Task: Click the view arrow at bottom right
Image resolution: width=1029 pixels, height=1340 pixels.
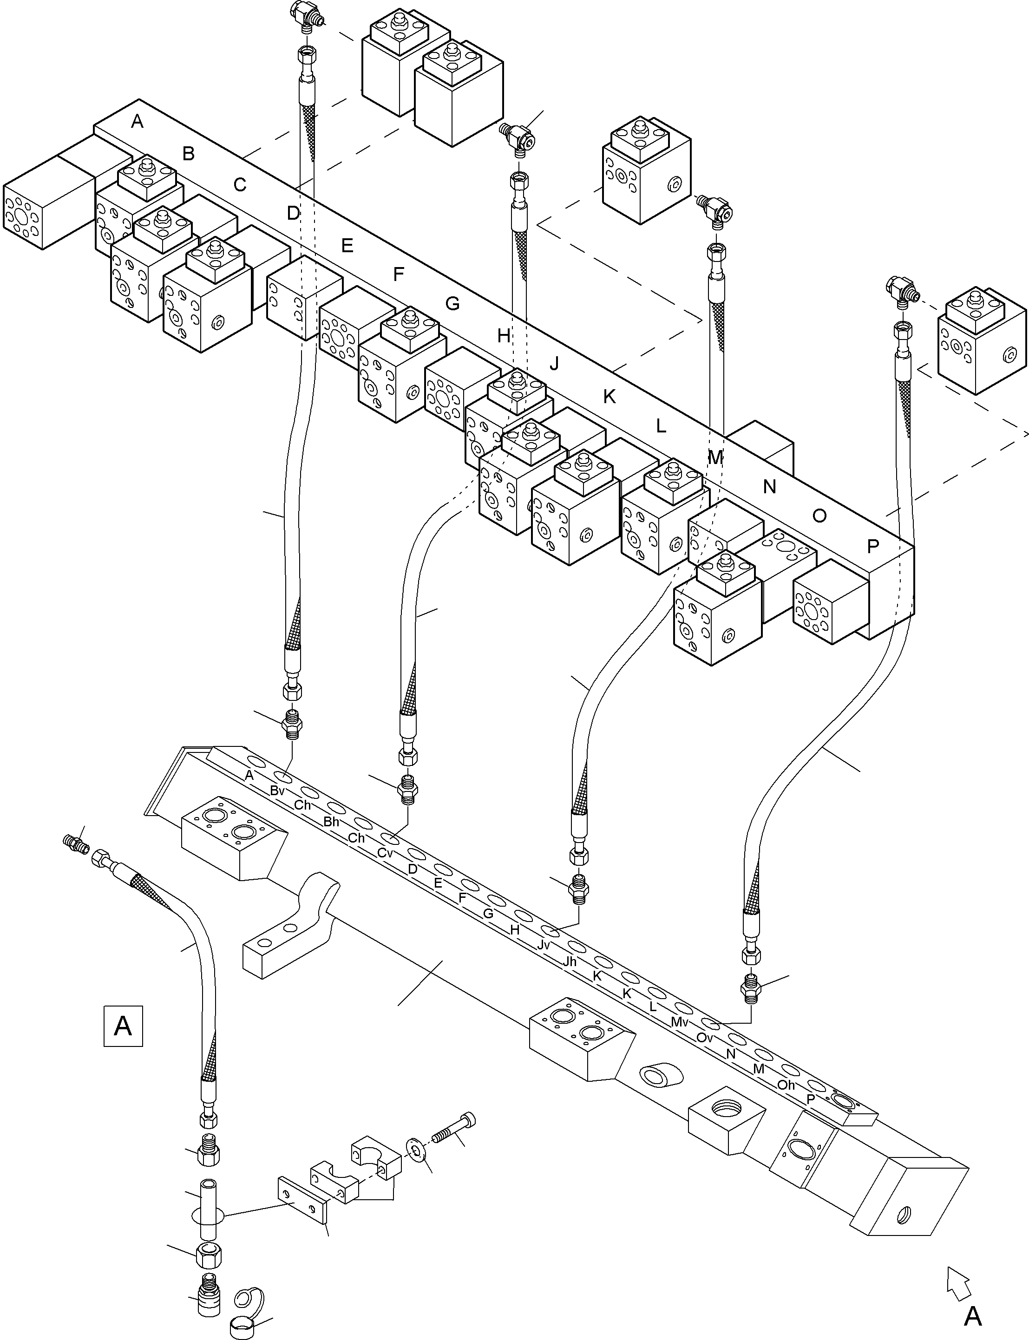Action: pos(958,1282)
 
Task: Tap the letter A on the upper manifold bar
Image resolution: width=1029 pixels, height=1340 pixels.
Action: pos(137,121)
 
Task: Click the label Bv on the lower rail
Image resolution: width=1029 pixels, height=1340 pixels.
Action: pos(277,791)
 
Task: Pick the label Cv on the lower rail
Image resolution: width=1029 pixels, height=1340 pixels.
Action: pos(385,852)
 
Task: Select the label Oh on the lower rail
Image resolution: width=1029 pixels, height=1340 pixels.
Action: pos(786,1085)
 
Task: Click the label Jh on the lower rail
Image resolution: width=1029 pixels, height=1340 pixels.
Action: pos(570,961)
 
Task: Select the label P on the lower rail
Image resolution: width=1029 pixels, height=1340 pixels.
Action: pos(810,1098)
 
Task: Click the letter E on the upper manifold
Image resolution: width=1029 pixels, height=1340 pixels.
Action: pos(347,246)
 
